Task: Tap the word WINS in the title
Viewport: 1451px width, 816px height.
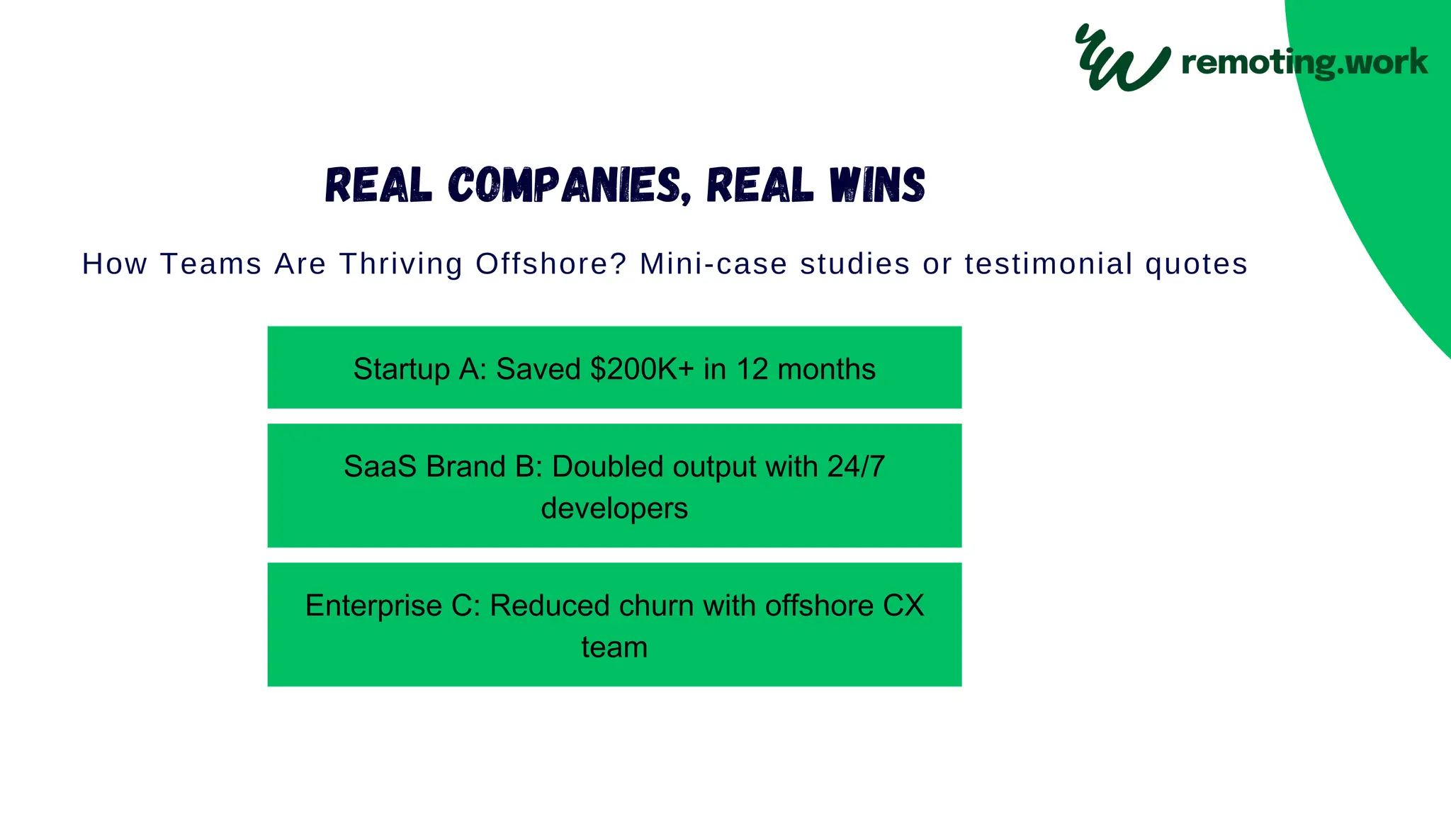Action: pos(877,186)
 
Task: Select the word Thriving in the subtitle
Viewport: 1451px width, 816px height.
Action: pos(401,264)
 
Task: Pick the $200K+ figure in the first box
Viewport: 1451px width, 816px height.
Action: pos(642,369)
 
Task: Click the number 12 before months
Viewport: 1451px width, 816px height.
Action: pos(752,369)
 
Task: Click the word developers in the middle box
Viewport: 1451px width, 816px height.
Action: pos(614,509)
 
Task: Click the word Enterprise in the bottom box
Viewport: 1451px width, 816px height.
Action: pos(373,606)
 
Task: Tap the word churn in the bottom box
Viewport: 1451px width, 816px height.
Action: pos(656,606)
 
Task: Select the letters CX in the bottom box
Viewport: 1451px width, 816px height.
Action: pos(903,606)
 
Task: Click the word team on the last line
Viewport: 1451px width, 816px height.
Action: pos(614,647)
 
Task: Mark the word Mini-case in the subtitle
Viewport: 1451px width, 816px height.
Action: pos(713,264)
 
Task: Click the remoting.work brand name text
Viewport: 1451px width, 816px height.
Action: pos(1304,62)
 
